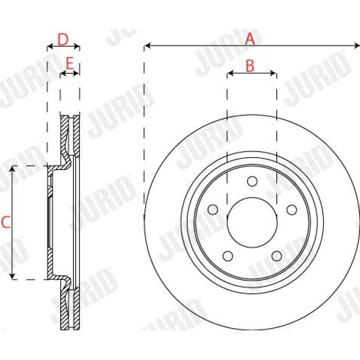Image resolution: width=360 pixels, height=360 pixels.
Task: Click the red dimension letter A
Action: pos(250,39)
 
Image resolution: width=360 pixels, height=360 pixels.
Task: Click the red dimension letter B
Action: pos(250,66)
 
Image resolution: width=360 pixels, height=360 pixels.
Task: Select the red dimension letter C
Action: pos(5,222)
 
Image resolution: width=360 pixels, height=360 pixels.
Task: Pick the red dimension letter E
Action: pos(69,63)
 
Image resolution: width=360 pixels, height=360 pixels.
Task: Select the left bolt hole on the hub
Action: pos(213,210)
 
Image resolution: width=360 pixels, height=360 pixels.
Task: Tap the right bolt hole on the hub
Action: pos(292,210)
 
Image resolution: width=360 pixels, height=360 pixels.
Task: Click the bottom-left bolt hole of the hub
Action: pos(228,256)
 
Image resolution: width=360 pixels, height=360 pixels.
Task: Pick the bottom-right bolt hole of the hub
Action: pos(276,256)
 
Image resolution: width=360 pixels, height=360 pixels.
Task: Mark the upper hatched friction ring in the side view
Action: pos(70,135)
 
